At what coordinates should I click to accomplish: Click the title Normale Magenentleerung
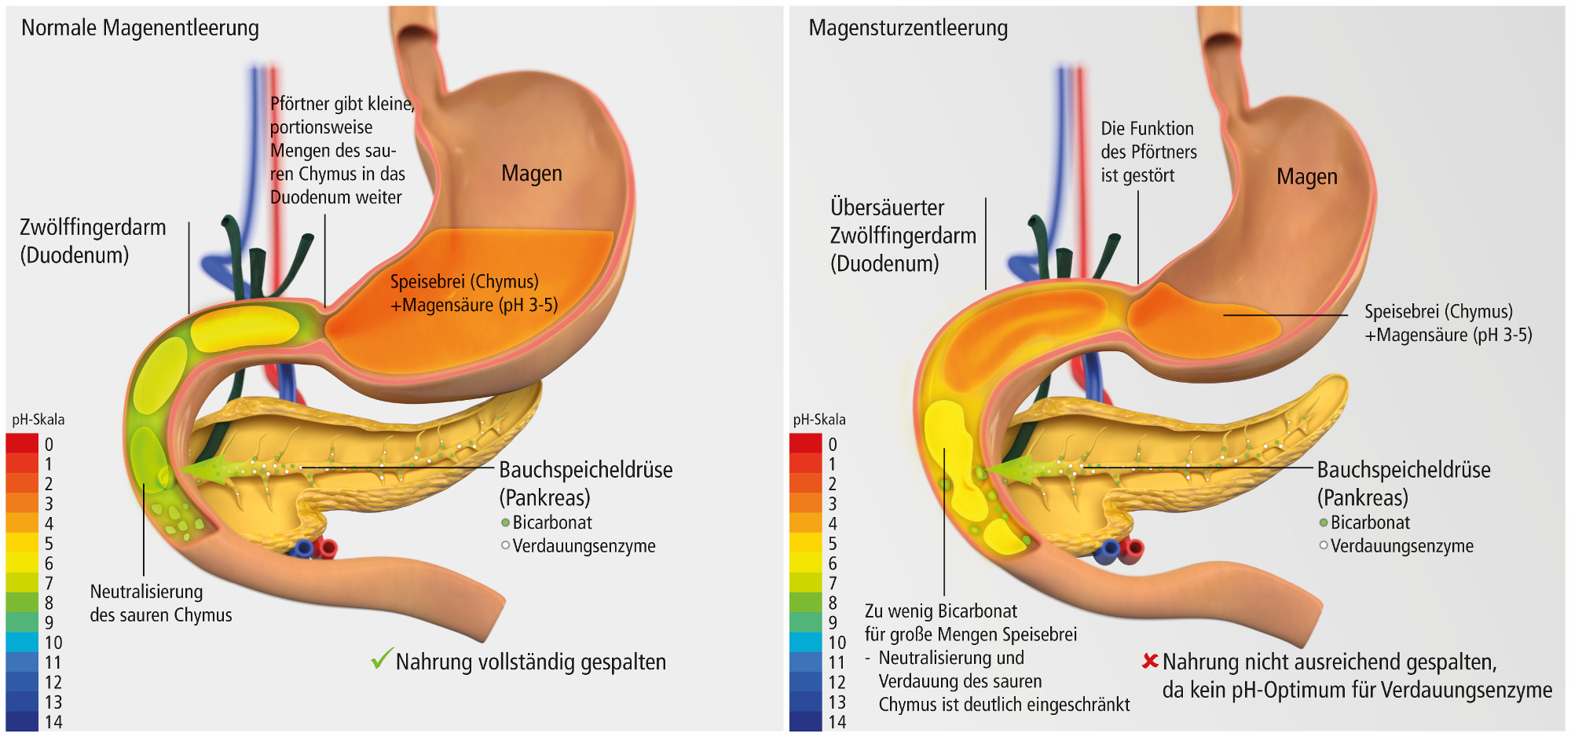pyautogui.click(x=140, y=28)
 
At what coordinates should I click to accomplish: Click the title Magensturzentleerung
pyautogui.click(x=908, y=28)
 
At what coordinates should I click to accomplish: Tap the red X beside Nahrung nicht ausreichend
pyautogui.click(x=1150, y=661)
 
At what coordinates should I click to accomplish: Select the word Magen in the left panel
pyautogui.click(x=532, y=173)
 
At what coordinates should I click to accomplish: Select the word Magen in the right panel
pyautogui.click(x=1306, y=177)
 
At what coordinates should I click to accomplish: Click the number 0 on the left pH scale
pyautogui.click(x=49, y=445)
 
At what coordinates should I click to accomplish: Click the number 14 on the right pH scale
pyautogui.click(x=837, y=722)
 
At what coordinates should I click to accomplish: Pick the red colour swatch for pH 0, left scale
pyautogui.click(x=22, y=443)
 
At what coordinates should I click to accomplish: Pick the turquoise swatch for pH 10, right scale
pyautogui.click(x=805, y=642)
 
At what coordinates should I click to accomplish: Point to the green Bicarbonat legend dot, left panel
pyautogui.click(x=505, y=522)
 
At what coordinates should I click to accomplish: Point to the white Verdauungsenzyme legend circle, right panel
pyautogui.click(x=1324, y=545)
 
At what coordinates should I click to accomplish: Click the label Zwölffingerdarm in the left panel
pyautogui.click(x=93, y=228)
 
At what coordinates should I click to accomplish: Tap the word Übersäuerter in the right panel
pyautogui.click(x=887, y=207)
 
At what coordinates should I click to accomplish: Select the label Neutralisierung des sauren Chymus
pyautogui.click(x=160, y=603)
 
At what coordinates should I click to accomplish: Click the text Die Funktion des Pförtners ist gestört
pyautogui.click(x=1148, y=152)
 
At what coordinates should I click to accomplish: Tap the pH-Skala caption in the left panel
pyautogui.click(x=38, y=420)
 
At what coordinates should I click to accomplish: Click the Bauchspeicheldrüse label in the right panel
pyautogui.click(x=1403, y=470)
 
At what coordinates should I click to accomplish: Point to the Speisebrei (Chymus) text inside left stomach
pyautogui.click(x=464, y=281)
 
